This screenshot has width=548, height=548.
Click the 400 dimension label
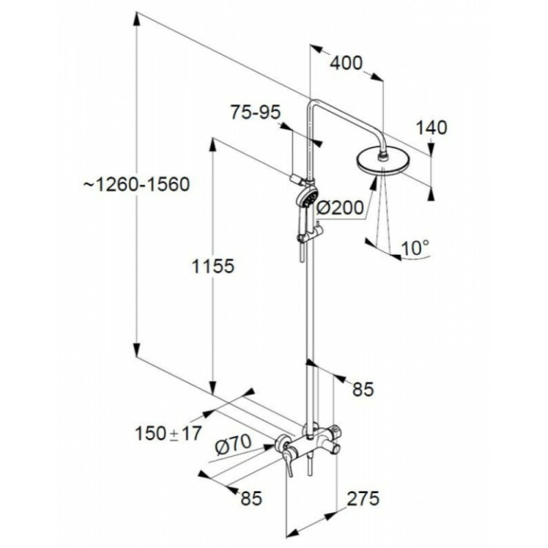(x=346, y=64)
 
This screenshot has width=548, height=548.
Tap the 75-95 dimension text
(x=256, y=112)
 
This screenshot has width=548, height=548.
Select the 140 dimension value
(x=431, y=128)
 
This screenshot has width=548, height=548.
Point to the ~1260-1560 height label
(x=137, y=184)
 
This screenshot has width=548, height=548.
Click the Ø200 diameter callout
(x=339, y=209)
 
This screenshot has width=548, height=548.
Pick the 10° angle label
(x=415, y=248)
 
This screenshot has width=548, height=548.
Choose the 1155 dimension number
(x=213, y=266)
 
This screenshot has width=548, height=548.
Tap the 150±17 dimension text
(x=168, y=434)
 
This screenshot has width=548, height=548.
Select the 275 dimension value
(x=363, y=499)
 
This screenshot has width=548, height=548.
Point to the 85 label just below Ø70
(x=251, y=499)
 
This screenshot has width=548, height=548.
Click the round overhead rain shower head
(x=382, y=162)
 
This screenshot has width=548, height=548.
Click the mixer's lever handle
(x=288, y=462)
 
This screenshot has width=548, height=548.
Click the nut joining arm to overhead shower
(x=384, y=155)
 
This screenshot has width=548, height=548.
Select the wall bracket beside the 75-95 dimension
(x=297, y=180)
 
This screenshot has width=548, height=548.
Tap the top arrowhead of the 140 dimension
(x=431, y=149)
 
